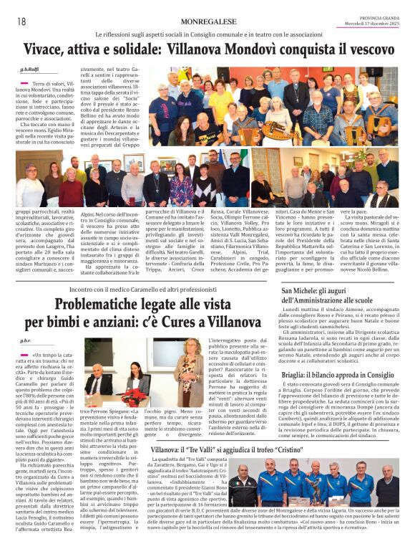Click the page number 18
tap(21, 22)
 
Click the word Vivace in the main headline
tap(47, 50)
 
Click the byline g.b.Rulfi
tap(29, 70)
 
